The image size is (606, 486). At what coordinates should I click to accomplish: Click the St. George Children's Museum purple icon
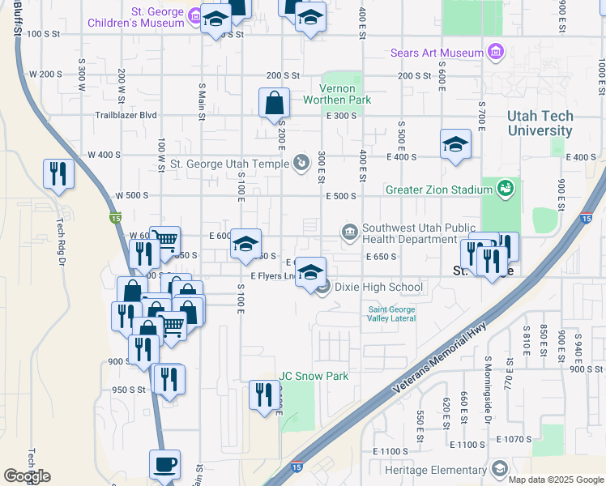[x=194, y=15]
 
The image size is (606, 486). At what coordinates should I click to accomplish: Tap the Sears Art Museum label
[x=437, y=53]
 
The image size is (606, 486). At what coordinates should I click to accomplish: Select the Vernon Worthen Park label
[x=336, y=94]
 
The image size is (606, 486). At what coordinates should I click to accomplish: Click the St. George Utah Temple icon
[x=301, y=164]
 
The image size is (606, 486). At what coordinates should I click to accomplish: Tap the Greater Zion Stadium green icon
[x=506, y=189]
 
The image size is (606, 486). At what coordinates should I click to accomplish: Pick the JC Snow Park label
[x=314, y=376]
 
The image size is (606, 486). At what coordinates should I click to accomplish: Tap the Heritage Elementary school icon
[x=499, y=469]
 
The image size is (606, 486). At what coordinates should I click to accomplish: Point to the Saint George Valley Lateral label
[x=392, y=315]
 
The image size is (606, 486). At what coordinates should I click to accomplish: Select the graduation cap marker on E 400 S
[x=455, y=145]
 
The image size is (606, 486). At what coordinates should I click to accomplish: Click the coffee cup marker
[x=164, y=466]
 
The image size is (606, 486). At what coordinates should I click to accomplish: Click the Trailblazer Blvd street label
[x=126, y=116]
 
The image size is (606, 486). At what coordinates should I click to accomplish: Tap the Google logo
[x=27, y=475]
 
